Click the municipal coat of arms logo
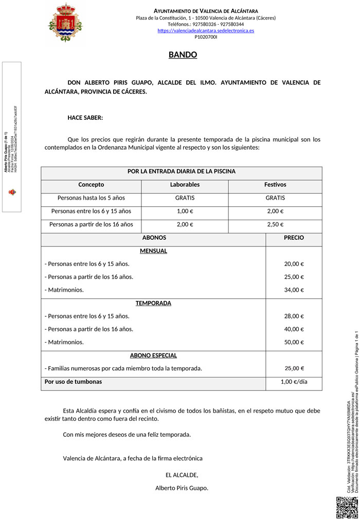click(x=65, y=23)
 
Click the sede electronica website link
click(x=206, y=31)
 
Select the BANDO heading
click(x=183, y=55)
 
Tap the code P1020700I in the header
click(x=206, y=37)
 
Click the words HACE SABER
click(x=85, y=118)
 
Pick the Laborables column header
click(x=185, y=185)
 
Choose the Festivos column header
click(x=275, y=185)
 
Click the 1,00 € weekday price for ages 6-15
click(x=185, y=211)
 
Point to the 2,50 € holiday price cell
click(x=275, y=224)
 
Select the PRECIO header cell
click(x=294, y=238)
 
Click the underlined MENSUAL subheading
click(x=153, y=251)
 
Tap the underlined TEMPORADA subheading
click(x=153, y=303)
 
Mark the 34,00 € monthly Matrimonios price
click(x=294, y=290)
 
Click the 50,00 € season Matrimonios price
click(x=294, y=342)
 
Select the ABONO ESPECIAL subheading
click(x=153, y=355)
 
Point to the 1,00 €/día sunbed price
click(x=294, y=382)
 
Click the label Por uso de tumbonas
click(x=73, y=382)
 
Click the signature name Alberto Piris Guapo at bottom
click(x=182, y=488)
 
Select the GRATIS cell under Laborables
click(x=185, y=198)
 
